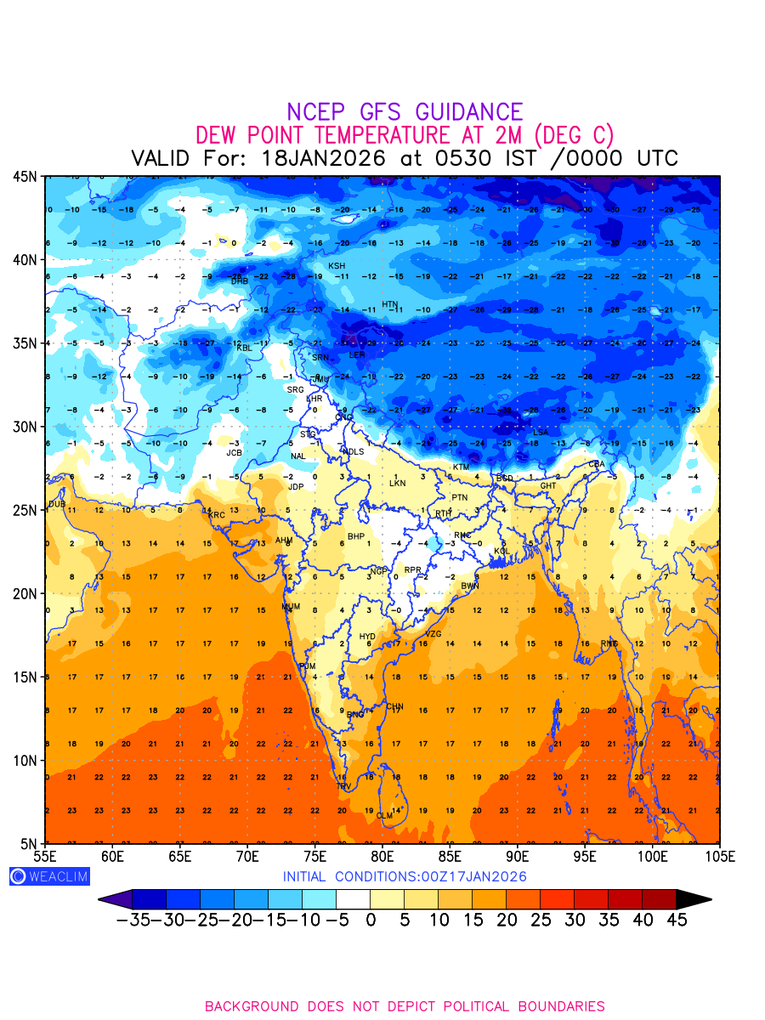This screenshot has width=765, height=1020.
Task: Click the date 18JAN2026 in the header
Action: click(324, 158)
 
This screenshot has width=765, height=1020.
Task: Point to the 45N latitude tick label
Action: click(24, 177)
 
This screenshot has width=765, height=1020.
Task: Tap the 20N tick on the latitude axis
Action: click(24, 593)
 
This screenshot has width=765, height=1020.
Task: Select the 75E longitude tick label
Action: click(314, 855)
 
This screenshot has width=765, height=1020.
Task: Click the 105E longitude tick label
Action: click(719, 855)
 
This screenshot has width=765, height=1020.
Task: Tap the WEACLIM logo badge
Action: click(49, 876)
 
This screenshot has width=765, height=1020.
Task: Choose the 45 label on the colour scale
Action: click(676, 920)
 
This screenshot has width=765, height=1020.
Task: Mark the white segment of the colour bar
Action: click(353, 898)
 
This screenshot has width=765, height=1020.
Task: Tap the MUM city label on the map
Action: click(291, 607)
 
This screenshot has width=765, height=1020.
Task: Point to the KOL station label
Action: click(502, 552)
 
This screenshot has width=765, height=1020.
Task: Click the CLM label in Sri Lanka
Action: click(385, 816)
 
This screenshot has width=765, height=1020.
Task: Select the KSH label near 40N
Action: click(337, 266)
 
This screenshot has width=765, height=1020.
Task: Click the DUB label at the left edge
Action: click(57, 504)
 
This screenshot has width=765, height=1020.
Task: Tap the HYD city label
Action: click(367, 637)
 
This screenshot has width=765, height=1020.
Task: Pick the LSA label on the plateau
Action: click(541, 433)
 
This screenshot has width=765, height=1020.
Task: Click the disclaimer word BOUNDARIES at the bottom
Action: click(558, 1006)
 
